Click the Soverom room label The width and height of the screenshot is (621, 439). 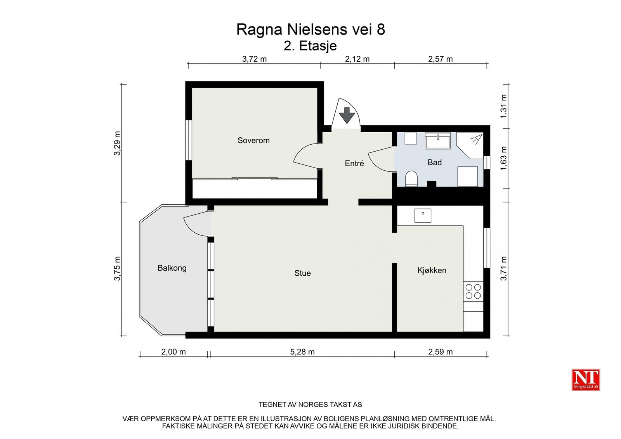[x=253, y=140]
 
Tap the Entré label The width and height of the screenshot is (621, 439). [x=354, y=163]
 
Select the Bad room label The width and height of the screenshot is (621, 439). [x=434, y=162]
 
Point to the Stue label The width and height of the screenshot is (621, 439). [x=302, y=273]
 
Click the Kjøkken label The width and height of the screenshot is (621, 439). [x=432, y=270]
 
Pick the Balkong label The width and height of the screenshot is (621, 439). [x=172, y=268]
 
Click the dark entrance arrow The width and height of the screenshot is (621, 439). [x=347, y=115]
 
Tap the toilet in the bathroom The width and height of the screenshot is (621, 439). [x=411, y=179]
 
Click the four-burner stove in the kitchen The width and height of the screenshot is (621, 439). [x=473, y=291]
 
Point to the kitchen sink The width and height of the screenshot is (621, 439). [x=423, y=216]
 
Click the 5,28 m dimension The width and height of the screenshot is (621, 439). [x=302, y=352]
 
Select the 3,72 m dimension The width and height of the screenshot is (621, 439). [x=254, y=59]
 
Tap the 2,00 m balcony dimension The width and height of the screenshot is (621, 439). [x=173, y=352]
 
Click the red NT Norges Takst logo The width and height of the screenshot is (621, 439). [x=586, y=380]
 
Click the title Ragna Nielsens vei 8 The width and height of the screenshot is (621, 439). [x=310, y=29]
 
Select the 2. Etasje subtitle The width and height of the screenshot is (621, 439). [x=310, y=46]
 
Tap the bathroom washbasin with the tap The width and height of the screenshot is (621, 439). [x=437, y=141]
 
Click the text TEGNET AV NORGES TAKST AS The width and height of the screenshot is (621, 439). [x=310, y=404]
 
